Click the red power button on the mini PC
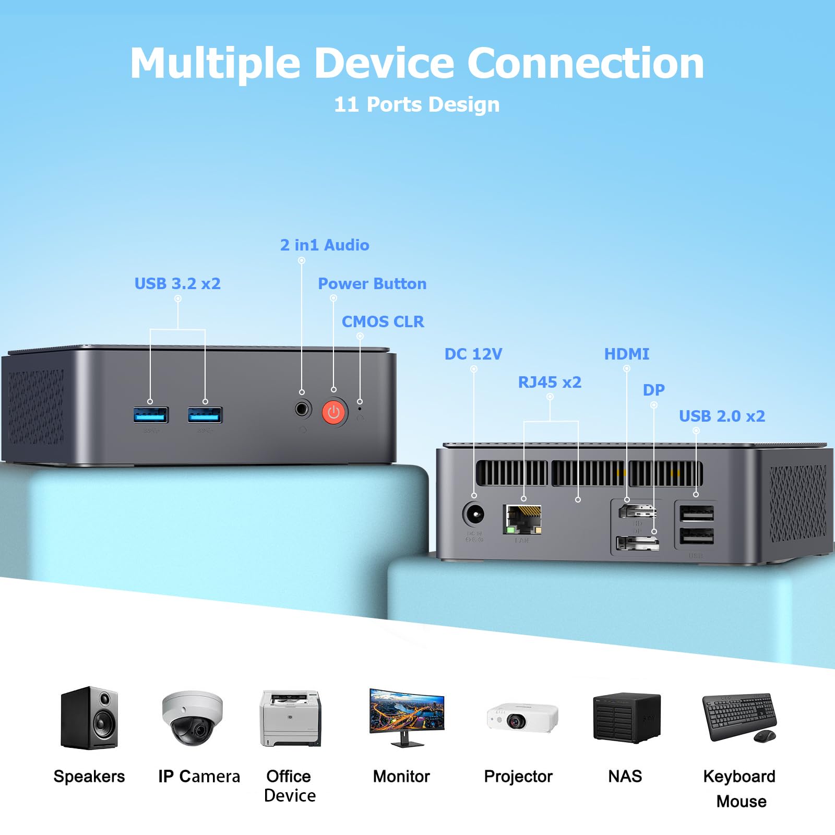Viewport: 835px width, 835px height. pos(334,413)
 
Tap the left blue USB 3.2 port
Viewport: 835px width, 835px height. pos(150,415)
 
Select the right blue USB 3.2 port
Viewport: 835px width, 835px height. pos(205,415)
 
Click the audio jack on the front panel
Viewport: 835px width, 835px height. pos(302,409)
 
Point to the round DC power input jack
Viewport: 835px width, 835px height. pos(474,515)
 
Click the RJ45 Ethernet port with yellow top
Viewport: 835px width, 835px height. pos(522,519)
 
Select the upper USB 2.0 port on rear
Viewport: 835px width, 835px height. pos(696,514)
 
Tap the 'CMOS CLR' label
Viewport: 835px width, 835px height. pos(383,321)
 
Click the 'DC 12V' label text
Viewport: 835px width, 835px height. pos(473,354)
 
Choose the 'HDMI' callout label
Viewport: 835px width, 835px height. pos(626,354)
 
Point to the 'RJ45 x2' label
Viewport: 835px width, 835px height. pos(549,382)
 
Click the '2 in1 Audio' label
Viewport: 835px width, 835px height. pos(325,245)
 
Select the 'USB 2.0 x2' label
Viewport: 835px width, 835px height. pos(722,416)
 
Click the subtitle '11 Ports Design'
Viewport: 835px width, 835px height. pos(416,104)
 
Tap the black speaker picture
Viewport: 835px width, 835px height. pos(89,719)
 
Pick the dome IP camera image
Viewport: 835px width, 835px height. pos(192,719)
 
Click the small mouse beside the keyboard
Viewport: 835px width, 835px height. pos(765,736)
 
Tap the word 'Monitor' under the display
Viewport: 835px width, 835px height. pos(401,776)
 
